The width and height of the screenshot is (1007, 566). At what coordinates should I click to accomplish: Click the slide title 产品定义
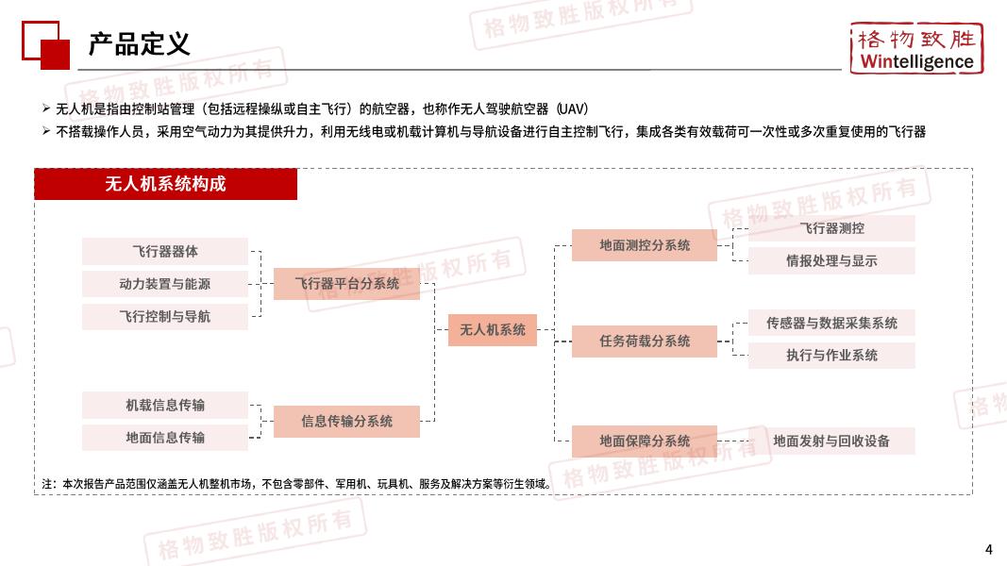pyautogui.click(x=140, y=43)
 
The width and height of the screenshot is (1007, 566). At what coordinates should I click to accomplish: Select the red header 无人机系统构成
pyautogui.click(x=166, y=184)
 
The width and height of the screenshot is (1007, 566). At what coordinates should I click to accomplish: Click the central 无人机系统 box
pyautogui.click(x=492, y=330)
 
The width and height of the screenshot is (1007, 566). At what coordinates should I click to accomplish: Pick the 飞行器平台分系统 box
pyautogui.click(x=346, y=283)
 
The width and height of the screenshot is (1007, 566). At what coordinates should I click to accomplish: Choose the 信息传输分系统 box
pyautogui.click(x=346, y=422)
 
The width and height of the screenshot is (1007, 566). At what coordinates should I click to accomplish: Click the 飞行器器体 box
pyautogui.click(x=165, y=252)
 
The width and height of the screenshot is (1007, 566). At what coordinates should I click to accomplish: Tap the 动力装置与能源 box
pyautogui.click(x=165, y=284)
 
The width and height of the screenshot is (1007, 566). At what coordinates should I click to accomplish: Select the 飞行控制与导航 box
pyautogui.click(x=165, y=316)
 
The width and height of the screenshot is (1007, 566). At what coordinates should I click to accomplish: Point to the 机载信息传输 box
pyautogui.click(x=165, y=406)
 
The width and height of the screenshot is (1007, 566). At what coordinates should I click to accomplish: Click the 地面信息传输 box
pyautogui.click(x=165, y=438)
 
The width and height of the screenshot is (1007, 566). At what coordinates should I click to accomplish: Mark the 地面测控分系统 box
pyautogui.click(x=645, y=245)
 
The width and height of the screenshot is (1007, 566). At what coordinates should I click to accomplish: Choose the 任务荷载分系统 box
pyautogui.click(x=645, y=341)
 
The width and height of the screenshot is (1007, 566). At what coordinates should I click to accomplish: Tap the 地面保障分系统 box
pyautogui.click(x=645, y=441)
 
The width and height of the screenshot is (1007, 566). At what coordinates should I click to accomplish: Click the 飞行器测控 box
pyautogui.click(x=831, y=228)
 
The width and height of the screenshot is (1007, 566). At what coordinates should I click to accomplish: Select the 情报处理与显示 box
pyautogui.click(x=831, y=260)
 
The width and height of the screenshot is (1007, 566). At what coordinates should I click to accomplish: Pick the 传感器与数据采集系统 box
pyautogui.click(x=831, y=323)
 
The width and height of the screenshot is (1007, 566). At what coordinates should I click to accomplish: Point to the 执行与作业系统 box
pyautogui.click(x=831, y=355)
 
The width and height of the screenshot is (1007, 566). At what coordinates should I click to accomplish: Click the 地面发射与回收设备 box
pyautogui.click(x=831, y=441)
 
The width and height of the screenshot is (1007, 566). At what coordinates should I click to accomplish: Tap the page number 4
pyautogui.click(x=988, y=549)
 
